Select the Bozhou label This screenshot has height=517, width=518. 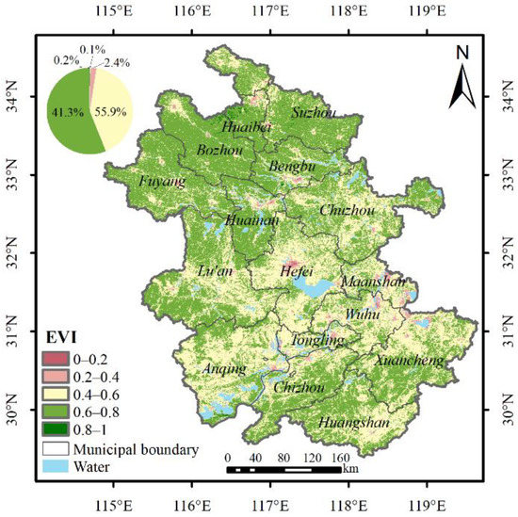220,151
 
